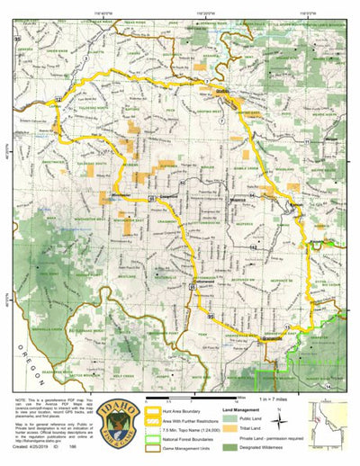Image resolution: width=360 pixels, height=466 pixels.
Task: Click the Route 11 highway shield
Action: click(x=307, y=142)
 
